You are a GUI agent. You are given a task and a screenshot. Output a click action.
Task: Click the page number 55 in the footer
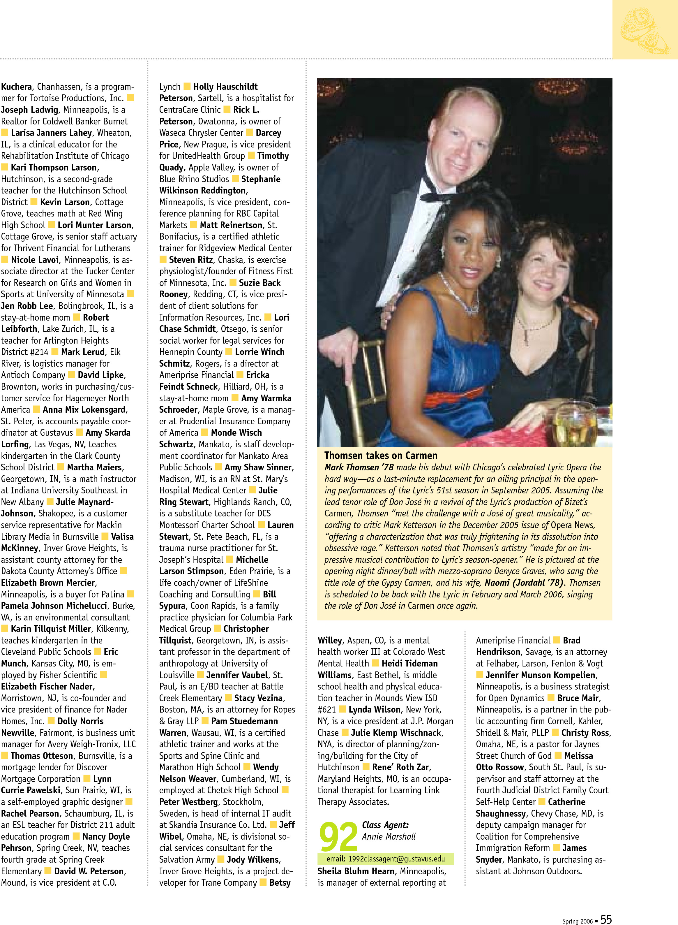coord(606,919)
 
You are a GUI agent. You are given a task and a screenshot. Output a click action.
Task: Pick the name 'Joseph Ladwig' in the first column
coord(29,110)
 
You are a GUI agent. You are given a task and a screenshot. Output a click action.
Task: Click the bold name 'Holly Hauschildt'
coord(225,87)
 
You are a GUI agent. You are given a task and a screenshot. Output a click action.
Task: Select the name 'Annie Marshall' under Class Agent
coord(389,836)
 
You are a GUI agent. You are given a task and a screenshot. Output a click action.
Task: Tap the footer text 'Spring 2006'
coord(577,921)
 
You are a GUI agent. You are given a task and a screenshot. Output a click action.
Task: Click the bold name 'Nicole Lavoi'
coord(35,259)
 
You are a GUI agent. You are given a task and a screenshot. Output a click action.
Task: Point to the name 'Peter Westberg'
coord(188,801)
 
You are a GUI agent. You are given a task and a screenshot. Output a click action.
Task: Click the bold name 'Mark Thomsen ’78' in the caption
coord(359,467)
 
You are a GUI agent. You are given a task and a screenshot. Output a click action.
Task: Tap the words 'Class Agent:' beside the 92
coord(385,825)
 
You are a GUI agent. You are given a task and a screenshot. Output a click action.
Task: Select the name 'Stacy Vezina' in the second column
coord(258,698)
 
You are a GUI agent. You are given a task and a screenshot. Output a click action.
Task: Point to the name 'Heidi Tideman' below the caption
coord(409,663)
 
